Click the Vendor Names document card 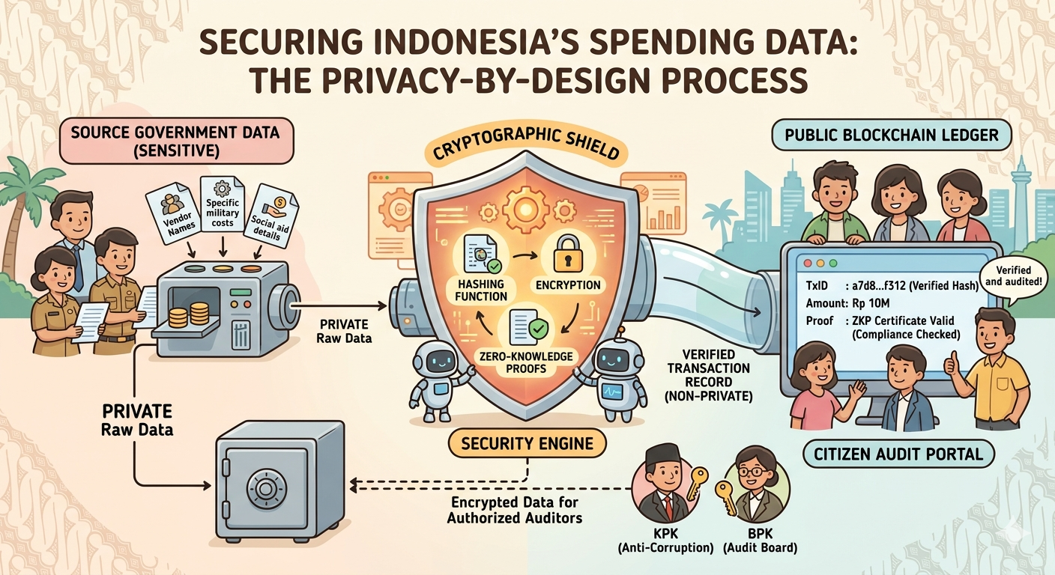(x=172, y=213)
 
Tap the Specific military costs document (x=223, y=204)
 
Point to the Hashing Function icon (x=480, y=255)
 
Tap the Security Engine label (x=527, y=443)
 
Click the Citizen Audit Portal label (x=898, y=454)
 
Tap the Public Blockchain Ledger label (x=891, y=135)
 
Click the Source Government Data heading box (x=176, y=141)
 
